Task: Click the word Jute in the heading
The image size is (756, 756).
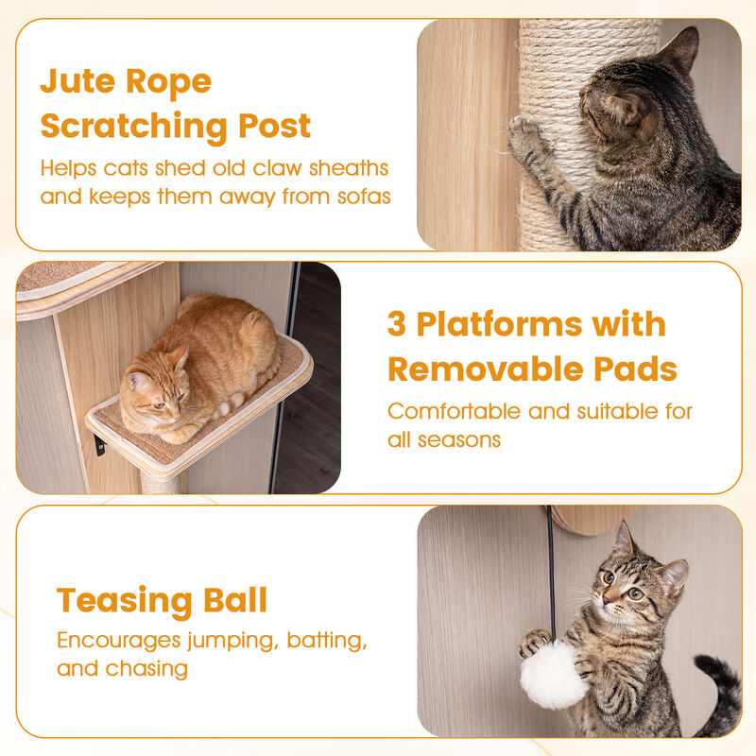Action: pyautogui.click(x=79, y=81)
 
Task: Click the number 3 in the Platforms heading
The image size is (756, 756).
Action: pyautogui.click(x=397, y=324)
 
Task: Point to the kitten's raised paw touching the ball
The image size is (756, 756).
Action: pyautogui.click(x=534, y=644)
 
